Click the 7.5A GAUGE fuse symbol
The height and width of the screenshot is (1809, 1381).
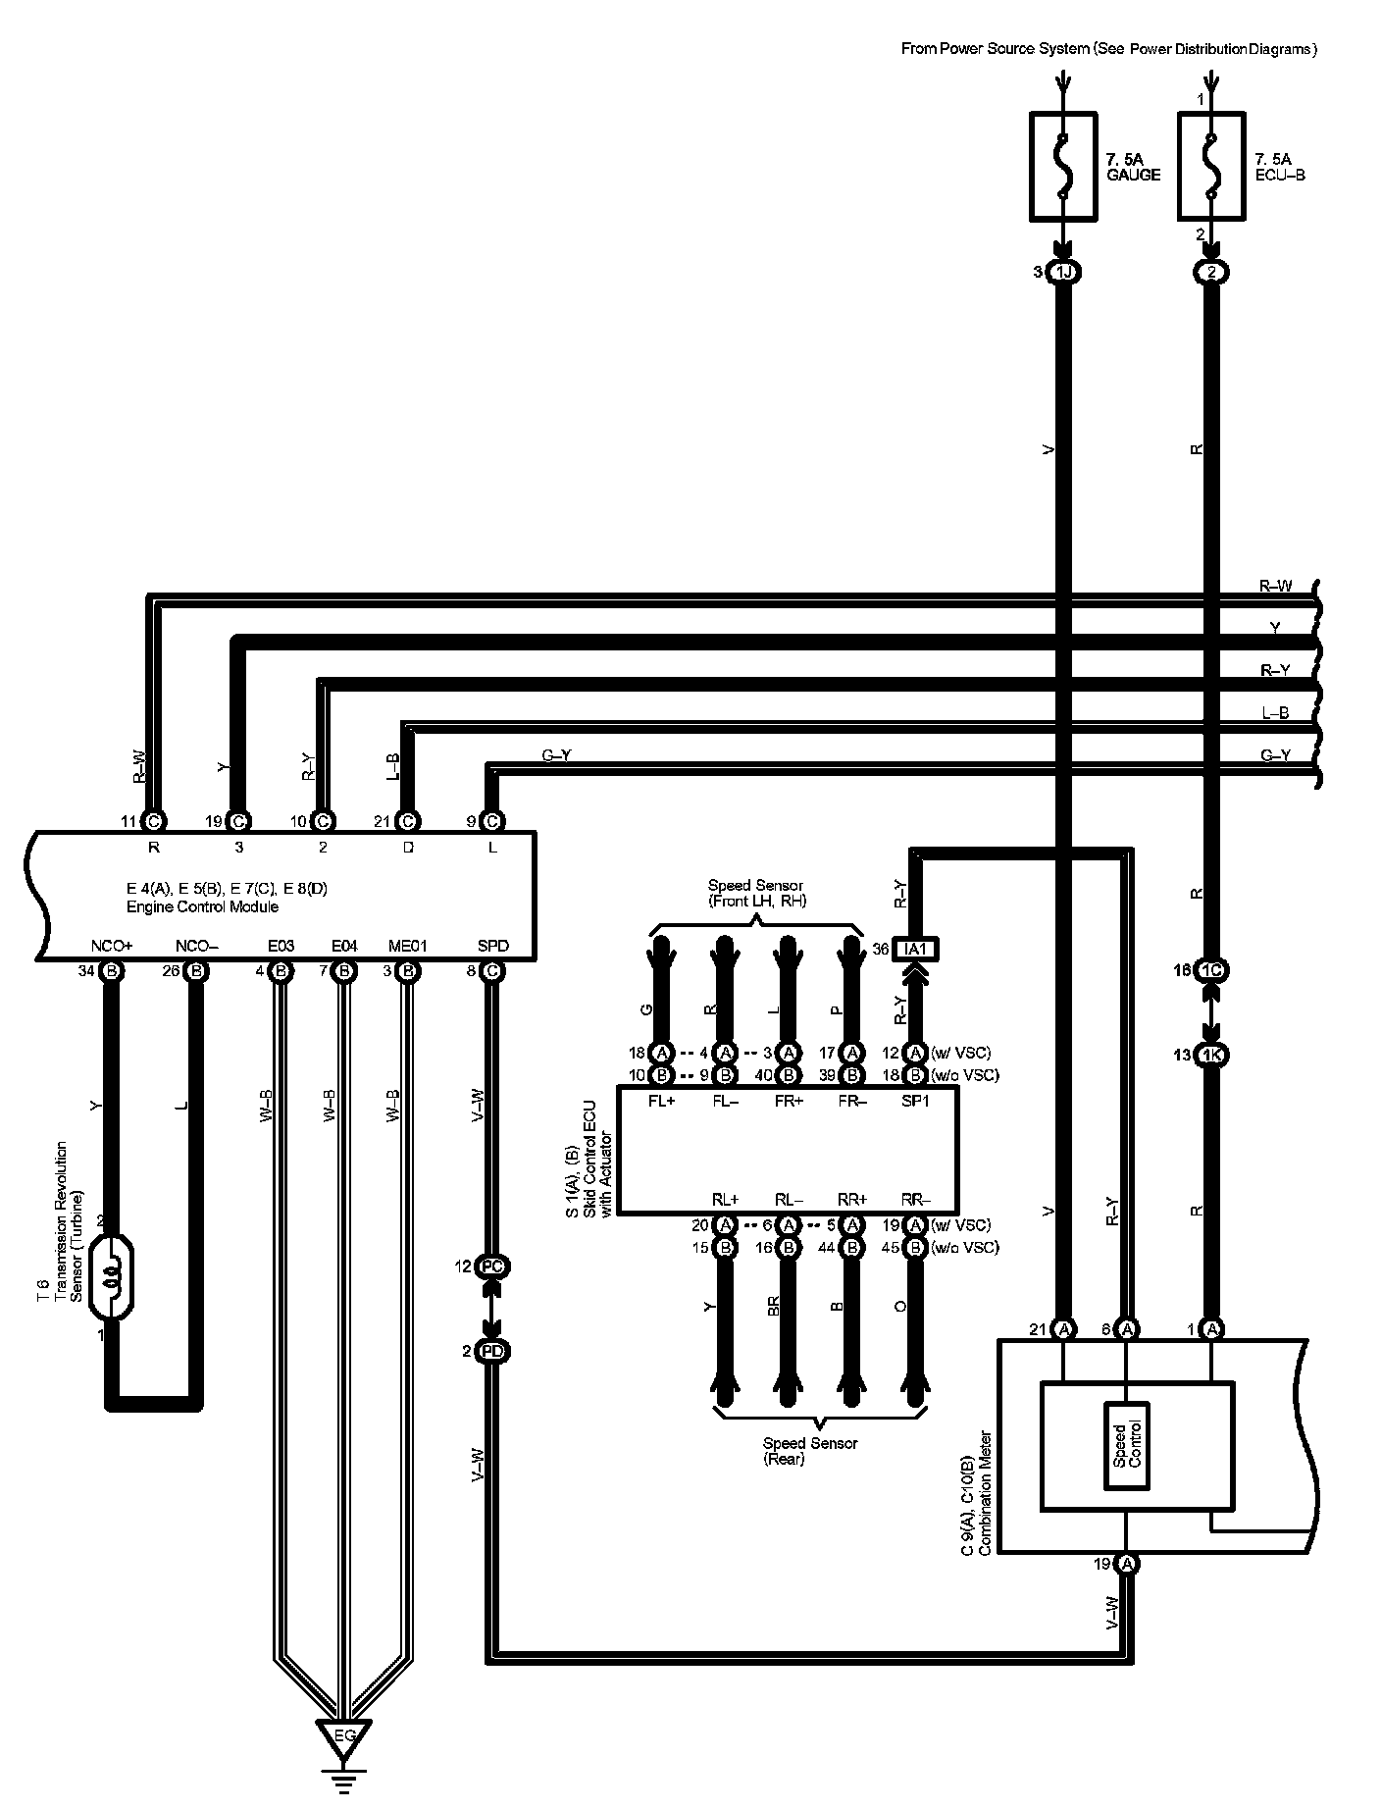click(x=1063, y=165)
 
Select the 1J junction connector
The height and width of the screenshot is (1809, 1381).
click(x=1063, y=272)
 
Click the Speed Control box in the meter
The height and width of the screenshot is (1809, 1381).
click(x=1127, y=1444)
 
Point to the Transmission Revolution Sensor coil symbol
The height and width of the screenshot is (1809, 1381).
click(x=111, y=1279)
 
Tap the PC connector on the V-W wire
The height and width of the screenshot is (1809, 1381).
click(x=492, y=1266)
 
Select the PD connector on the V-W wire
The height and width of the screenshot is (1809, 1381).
click(x=492, y=1351)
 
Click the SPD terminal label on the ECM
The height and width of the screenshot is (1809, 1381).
click(x=492, y=947)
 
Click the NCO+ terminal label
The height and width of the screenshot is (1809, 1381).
click(x=111, y=947)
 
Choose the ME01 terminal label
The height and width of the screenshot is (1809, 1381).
click(x=408, y=947)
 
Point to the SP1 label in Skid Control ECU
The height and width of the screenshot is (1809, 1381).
click(x=915, y=1100)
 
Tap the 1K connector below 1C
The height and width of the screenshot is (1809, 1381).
click(x=1212, y=1055)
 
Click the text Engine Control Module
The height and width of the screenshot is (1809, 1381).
click(x=202, y=906)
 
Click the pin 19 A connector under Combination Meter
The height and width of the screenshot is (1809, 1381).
click(x=1127, y=1563)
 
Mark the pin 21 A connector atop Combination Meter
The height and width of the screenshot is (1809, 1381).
click(x=1063, y=1329)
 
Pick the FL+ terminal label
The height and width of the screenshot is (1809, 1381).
click(x=662, y=1100)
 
